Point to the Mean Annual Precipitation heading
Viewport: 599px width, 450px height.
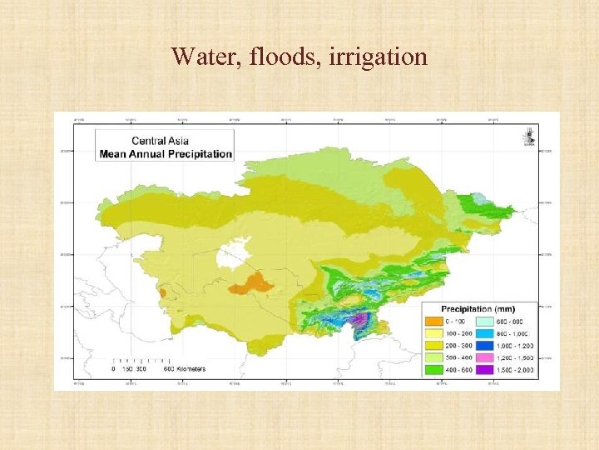coord(166,153)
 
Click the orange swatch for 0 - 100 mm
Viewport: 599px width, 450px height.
coord(434,320)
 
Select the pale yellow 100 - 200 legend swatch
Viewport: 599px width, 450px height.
coord(434,332)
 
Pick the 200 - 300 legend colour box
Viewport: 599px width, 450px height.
coord(434,345)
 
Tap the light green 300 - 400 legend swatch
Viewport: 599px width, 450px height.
coord(434,357)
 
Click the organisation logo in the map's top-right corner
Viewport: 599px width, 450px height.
coord(529,134)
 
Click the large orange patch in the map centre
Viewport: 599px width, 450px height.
coord(251,284)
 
